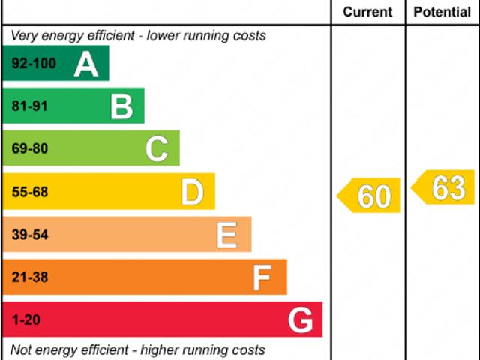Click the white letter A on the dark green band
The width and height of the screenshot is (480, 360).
click(86, 64)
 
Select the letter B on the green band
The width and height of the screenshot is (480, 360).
click(121, 106)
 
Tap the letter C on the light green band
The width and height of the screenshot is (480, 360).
click(157, 149)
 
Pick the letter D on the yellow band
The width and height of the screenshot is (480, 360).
click(192, 193)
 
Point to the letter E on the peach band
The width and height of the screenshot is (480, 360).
click(227, 235)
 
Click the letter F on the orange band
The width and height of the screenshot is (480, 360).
click(262, 278)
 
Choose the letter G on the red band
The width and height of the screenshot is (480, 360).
click(300, 321)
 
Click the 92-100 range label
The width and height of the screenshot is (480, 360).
click(34, 64)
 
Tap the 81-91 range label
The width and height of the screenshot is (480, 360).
click(30, 106)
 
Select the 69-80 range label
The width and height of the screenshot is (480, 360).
click(30, 149)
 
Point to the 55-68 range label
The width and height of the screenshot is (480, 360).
click(30, 193)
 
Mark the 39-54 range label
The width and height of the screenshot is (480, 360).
click(30, 235)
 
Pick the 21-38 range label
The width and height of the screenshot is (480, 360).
click(30, 278)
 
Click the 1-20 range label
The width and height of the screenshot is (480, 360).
click(26, 321)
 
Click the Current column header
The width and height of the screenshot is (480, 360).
click(367, 12)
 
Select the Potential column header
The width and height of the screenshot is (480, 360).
click(442, 12)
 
